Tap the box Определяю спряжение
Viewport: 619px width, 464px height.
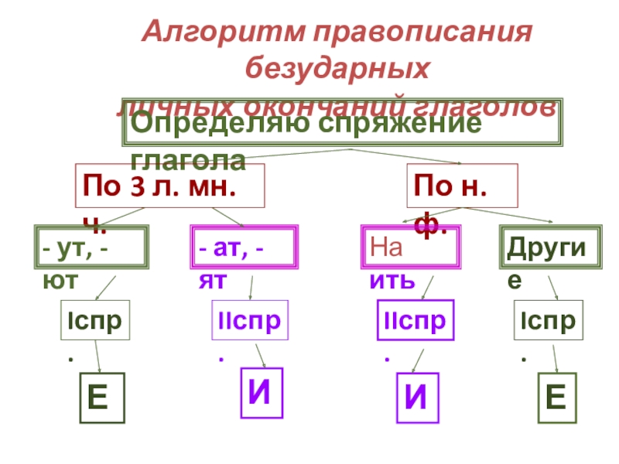pyautogui.click(x=340, y=124)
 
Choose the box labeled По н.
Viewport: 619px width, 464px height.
pyautogui.click(x=462, y=186)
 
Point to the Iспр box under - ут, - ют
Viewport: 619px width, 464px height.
pyautogui.click(x=95, y=320)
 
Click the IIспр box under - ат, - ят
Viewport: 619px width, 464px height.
pyautogui.click(x=250, y=320)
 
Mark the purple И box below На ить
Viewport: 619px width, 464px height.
pyautogui.click(x=419, y=399)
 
